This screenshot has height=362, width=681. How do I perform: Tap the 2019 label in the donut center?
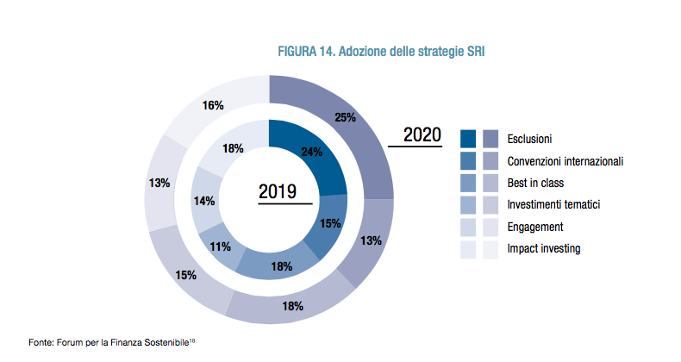click(x=278, y=191)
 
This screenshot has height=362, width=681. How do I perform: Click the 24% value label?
click(x=312, y=153)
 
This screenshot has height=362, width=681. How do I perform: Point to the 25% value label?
click(x=346, y=117)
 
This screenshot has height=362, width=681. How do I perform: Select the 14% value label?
click(x=204, y=201)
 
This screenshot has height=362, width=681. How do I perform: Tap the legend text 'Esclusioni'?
click(x=530, y=138)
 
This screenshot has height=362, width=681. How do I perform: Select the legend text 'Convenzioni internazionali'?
click(x=565, y=160)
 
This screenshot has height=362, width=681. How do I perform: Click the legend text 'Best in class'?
click(x=536, y=183)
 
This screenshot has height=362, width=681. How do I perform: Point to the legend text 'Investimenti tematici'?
click(x=553, y=205)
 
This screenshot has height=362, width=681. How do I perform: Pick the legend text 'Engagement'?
click(x=535, y=227)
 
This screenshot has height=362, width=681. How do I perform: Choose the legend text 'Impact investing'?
click(x=544, y=249)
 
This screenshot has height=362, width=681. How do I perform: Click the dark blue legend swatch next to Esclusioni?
click(x=469, y=138)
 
